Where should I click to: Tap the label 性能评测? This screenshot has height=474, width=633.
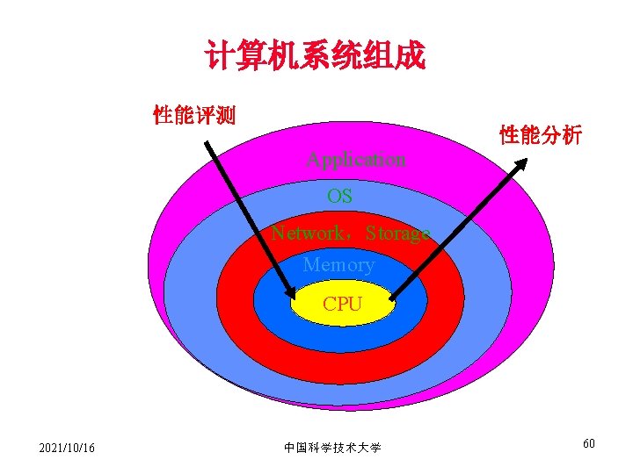[193, 115]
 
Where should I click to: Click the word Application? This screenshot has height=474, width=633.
[356, 160]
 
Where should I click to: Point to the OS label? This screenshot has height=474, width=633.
[339, 197]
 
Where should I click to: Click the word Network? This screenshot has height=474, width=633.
[308, 233]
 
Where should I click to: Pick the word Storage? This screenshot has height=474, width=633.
[397, 234]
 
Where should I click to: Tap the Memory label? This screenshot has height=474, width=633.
[338, 264]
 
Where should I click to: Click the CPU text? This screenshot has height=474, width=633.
[342, 305]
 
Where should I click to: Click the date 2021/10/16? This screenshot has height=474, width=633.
[68, 449]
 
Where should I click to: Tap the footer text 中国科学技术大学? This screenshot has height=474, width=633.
[332, 448]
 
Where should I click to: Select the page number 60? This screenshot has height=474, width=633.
[588, 443]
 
